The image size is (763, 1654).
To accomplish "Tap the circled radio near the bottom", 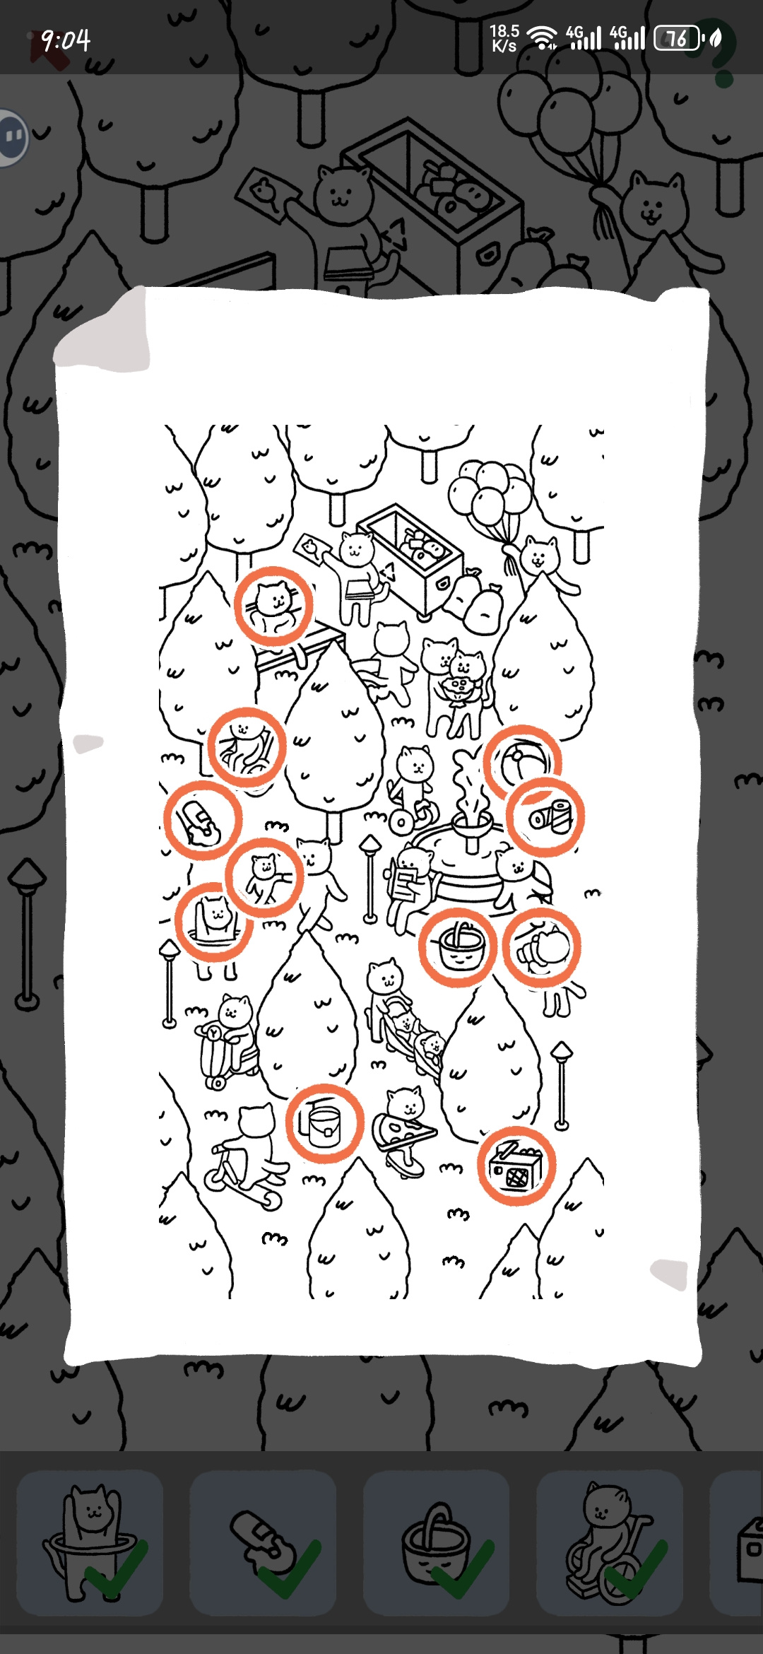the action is (516, 1167).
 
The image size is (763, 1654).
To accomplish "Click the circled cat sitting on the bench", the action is (274, 606).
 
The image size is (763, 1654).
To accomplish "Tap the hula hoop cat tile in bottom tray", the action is (90, 1543).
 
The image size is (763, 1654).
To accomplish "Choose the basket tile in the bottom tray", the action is (436, 1543).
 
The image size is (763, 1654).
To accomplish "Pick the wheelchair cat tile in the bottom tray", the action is (610, 1543).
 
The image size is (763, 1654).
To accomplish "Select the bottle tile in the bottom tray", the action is (263, 1543).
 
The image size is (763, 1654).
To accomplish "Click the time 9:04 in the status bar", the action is (66, 40).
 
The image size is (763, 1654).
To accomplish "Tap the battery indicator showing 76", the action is (678, 38).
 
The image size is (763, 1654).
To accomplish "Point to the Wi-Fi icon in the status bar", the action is (542, 38).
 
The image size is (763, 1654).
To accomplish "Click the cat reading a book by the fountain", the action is (410, 884).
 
